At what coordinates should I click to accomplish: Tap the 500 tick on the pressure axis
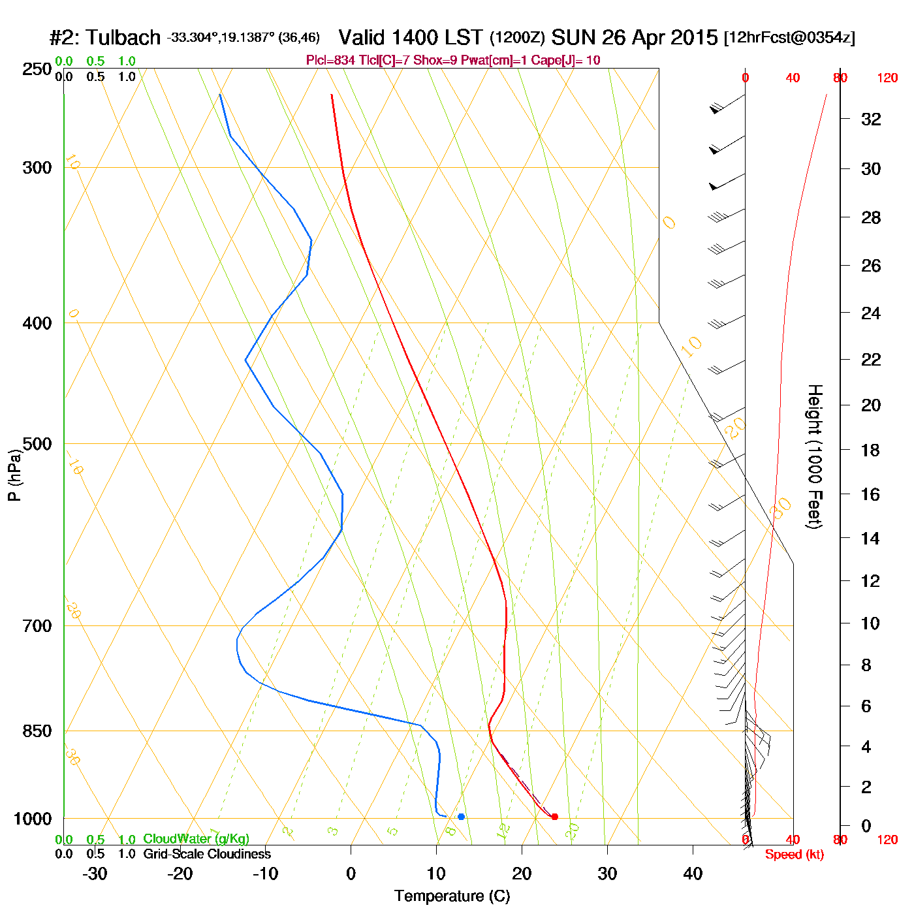[x=37, y=444]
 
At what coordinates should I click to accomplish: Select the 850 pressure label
[x=37, y=731]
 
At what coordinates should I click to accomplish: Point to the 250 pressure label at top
[x=37, y=69]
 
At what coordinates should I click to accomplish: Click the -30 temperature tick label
[x=95, y=874]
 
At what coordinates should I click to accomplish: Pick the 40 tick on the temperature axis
[x=693, y=874]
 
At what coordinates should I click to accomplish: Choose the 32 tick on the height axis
[x=871, y=119]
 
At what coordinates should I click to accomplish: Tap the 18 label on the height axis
[x=870, y=450]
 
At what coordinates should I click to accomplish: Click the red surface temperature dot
[x=555, y=817]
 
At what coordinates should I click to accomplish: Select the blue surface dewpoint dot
[x=461, y=817]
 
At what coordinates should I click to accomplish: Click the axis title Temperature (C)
[x=452, y=896]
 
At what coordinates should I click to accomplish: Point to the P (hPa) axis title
[x=14, y=475]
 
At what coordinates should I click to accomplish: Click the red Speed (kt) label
[x=794, y=855]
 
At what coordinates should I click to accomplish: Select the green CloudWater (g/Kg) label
[x=196, y=839]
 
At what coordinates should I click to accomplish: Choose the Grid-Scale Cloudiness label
[x=207, y=854]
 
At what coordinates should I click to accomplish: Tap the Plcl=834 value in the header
[x=331, y=61]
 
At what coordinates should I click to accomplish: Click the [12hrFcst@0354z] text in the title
[x=789, y=38]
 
